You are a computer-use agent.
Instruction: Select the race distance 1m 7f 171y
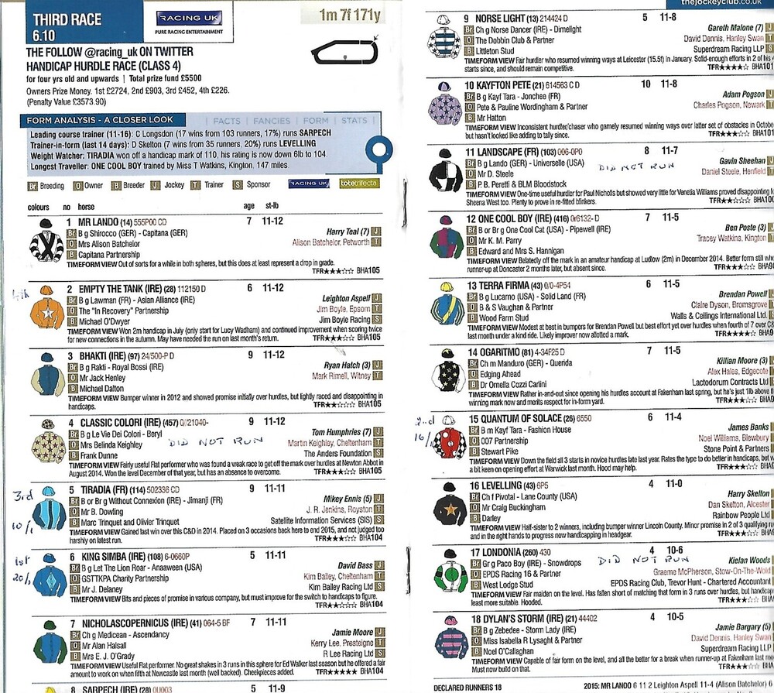coord(351,15)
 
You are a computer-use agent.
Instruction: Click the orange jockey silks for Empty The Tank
coord(46,307)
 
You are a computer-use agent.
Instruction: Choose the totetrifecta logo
coord(355,184)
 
